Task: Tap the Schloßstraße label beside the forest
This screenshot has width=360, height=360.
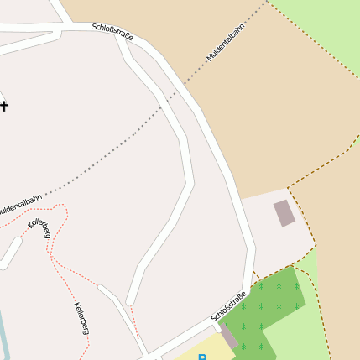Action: pos(228,306)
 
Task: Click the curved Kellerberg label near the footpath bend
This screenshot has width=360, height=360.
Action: pos(39,226)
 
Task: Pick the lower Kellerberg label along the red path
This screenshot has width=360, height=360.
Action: pos(81,317)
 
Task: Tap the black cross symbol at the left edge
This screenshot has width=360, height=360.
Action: pos(3,106)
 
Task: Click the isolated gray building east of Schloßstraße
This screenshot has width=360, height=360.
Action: pos(284,213)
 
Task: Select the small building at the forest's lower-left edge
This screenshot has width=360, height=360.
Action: pos(227,336)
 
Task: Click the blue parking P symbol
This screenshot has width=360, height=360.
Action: pos(202,357)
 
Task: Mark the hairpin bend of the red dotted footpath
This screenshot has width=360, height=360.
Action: pos(60,207)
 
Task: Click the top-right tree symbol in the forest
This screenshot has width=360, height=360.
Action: pos(296,286)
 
